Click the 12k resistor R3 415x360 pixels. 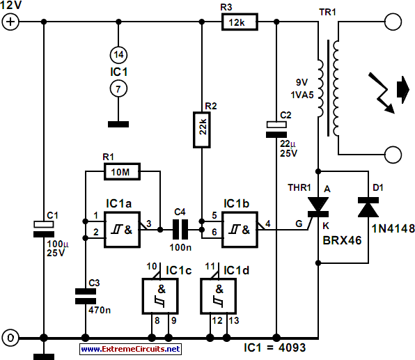point(240,22)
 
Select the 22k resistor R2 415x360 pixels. point(202,130)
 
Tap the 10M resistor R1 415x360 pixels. point(122,172)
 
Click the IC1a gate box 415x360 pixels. point(122,230)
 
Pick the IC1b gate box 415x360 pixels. point(240,230)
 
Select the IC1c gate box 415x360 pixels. point(160,296)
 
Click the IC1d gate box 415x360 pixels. point(218,296)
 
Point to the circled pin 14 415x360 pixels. point(118,55)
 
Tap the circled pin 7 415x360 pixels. point(118,88)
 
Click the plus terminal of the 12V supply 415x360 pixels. point(10,22)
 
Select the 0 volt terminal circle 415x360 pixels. point(10,338)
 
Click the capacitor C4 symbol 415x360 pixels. point(180,230)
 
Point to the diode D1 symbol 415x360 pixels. point(368,208)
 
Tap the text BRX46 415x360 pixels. point(342,240)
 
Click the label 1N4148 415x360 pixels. point(393,228)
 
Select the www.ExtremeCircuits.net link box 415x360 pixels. point(130,349)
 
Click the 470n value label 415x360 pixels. point(100,310)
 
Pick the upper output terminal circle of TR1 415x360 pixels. point(393,22)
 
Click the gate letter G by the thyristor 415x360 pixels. point(299,224)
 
